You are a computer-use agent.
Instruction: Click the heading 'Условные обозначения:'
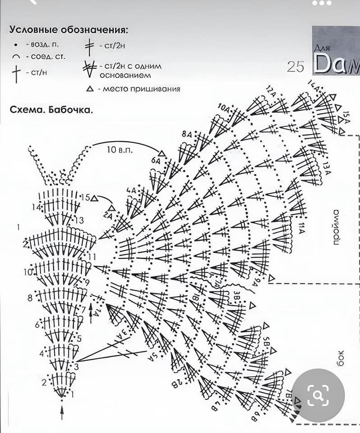tap(69, 30)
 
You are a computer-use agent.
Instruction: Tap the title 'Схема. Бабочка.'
tap(51, 110)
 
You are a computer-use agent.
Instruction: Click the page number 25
tap(295, 67)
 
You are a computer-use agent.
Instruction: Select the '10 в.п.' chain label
tap(120, 149)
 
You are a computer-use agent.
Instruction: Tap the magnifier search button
tap(318, 396)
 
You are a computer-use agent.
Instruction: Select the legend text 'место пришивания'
tap(141, 89)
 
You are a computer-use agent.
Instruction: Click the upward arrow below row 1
tap(62, 412)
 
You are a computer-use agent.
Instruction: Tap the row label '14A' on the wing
tap(313, 84)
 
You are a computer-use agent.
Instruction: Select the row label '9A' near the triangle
tap(257, 283)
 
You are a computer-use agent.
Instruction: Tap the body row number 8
tap(30, 298)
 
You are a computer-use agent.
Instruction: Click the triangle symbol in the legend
tap(90, 89)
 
